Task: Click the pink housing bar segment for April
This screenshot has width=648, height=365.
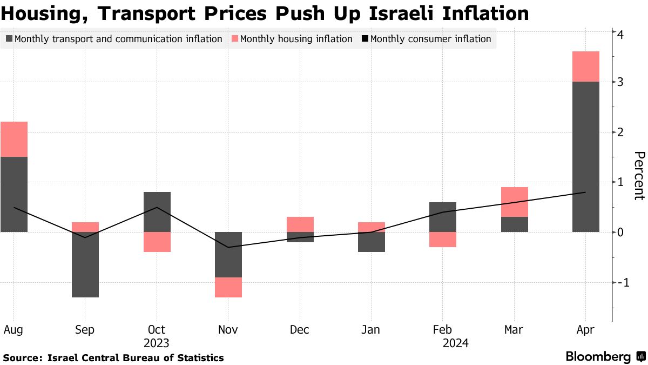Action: pyautogui.click(x=585, y=67)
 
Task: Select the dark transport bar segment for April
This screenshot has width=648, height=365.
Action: pyautogui.click(x=585, y=157)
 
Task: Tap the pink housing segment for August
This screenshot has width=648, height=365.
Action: pyautogui.click(x=14, y=139)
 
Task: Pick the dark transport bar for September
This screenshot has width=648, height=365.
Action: pyautogui.click(x=85, y=264)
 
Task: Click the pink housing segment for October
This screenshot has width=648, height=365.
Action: pyautogui.click(x=157, y=242)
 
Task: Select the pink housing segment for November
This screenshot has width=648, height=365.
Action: pyautogui.click(x=228, y=287)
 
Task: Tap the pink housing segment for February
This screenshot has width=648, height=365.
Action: pyautogui.click(x=442, y=240)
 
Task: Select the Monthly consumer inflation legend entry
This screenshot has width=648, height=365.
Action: pyautogui.click(x=430, y=39)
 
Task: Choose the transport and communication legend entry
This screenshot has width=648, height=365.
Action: pyautogui.click(x=118, y=39)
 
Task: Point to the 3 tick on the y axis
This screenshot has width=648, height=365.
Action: pyautogui.click(x=621, y=82)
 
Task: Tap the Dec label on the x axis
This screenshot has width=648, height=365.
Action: pyautogui.click(x=299, y=330)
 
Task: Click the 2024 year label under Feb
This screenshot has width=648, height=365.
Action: pyautogui.click(x=455, y=343)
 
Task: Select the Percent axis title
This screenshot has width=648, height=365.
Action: pyautogui.click(x=639, y=176)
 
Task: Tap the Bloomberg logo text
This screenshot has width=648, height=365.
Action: pyautogui.click(x=598, y=357)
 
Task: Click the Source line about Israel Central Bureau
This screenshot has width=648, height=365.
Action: pyautogui.click(x=113, y=357)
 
